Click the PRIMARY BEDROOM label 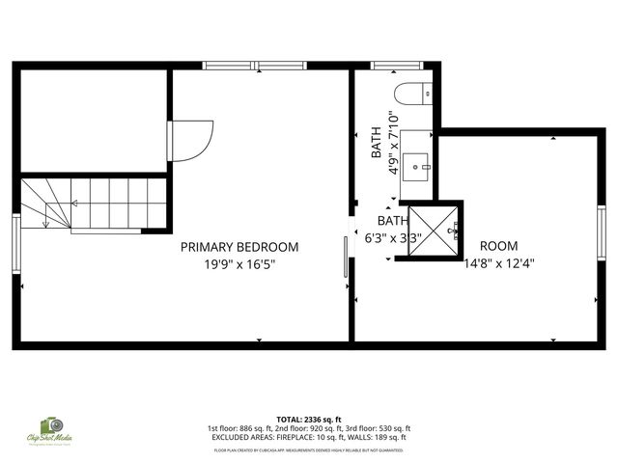click(x=239, y=247)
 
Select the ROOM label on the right click(x=498, y=246)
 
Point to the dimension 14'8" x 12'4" click(x=498, y=262)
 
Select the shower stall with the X click(x=432, y=231)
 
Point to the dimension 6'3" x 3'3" click(x=392, y=237)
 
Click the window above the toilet click(x=390, y=66)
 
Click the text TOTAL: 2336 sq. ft click(x=310, y=420)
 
